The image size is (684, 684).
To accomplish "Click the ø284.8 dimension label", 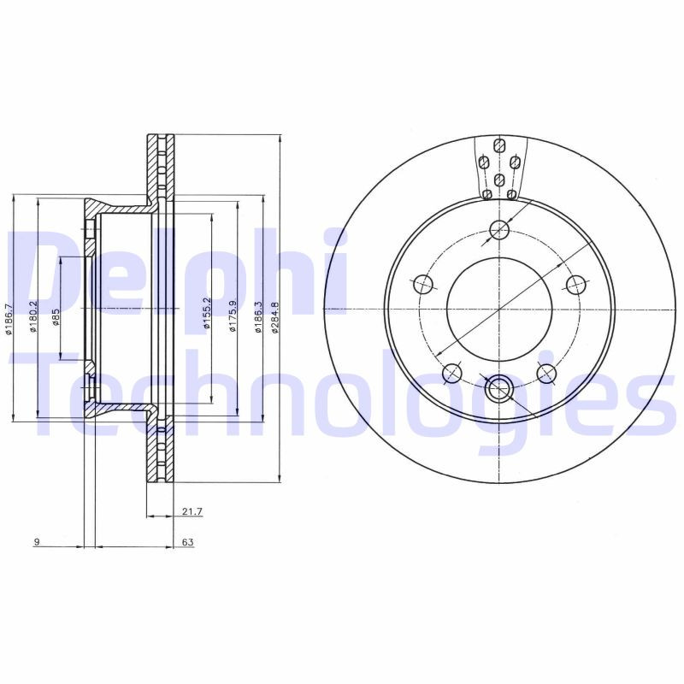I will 274,317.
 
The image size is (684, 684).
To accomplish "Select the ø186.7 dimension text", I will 9,319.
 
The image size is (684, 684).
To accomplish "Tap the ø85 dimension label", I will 56,318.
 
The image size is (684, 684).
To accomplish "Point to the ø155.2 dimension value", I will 206,314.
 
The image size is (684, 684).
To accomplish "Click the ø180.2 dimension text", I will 33,317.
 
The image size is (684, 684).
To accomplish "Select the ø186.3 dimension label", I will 258,317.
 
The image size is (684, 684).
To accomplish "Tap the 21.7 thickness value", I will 192,511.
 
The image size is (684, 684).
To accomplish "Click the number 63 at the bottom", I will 187,542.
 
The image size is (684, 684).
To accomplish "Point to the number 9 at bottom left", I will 36,542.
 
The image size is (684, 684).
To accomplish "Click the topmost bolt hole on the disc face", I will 500,230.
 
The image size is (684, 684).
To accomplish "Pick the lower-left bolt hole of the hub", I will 452,373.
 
